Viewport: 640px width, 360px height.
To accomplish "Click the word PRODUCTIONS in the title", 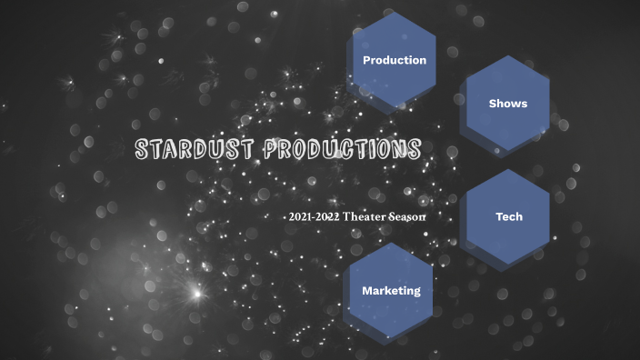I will [343, 149].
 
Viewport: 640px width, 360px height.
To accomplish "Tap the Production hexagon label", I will [395, 60].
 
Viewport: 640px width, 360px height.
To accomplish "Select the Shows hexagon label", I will [508, 104].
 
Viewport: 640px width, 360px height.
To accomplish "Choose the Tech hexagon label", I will [509, 217].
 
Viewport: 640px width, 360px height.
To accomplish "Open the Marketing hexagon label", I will [392, 291].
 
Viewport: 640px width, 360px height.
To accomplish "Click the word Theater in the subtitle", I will [363, 217].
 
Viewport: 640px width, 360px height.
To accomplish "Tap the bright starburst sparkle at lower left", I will [195, 293].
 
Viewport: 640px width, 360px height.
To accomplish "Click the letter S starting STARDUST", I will [143, 150].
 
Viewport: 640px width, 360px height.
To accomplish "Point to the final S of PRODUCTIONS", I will [414, 149].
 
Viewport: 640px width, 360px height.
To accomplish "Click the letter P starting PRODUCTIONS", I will [272, 149].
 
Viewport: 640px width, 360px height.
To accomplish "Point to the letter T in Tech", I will [499, 217].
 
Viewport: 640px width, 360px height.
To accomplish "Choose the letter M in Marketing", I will [367, 291].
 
